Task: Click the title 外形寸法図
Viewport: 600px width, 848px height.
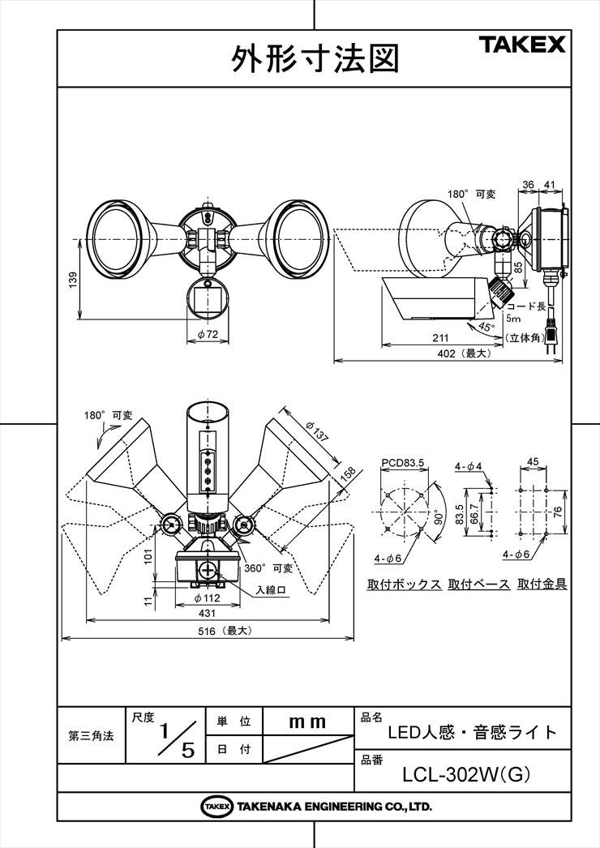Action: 315,58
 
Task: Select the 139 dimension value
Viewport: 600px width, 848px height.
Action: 74,280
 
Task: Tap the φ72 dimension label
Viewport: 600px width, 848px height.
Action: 208,334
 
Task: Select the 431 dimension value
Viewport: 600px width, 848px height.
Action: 208,613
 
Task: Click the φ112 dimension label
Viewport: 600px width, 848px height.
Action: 207,597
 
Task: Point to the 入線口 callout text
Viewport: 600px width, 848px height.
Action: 271,590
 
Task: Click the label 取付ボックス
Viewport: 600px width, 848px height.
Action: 404,584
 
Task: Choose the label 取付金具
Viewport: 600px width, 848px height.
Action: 542,584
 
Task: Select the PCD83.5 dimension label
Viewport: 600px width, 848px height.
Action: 402,463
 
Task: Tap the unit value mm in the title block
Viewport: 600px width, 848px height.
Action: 307,722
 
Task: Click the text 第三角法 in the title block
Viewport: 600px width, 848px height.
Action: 91,736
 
